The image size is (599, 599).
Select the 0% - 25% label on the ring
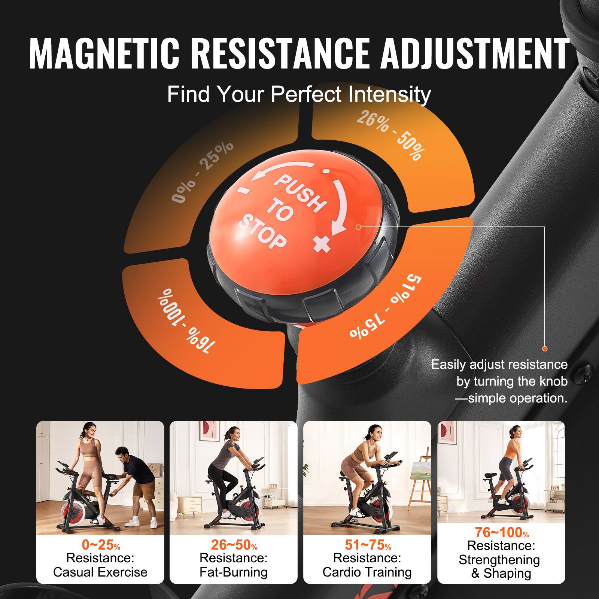tap(202, 173)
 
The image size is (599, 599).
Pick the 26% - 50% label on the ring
tap(390, 135)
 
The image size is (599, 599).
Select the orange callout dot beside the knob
tap(358, 227)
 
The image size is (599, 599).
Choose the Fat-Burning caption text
tap(234, 572)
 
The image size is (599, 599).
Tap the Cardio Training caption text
tap(367, 572)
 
